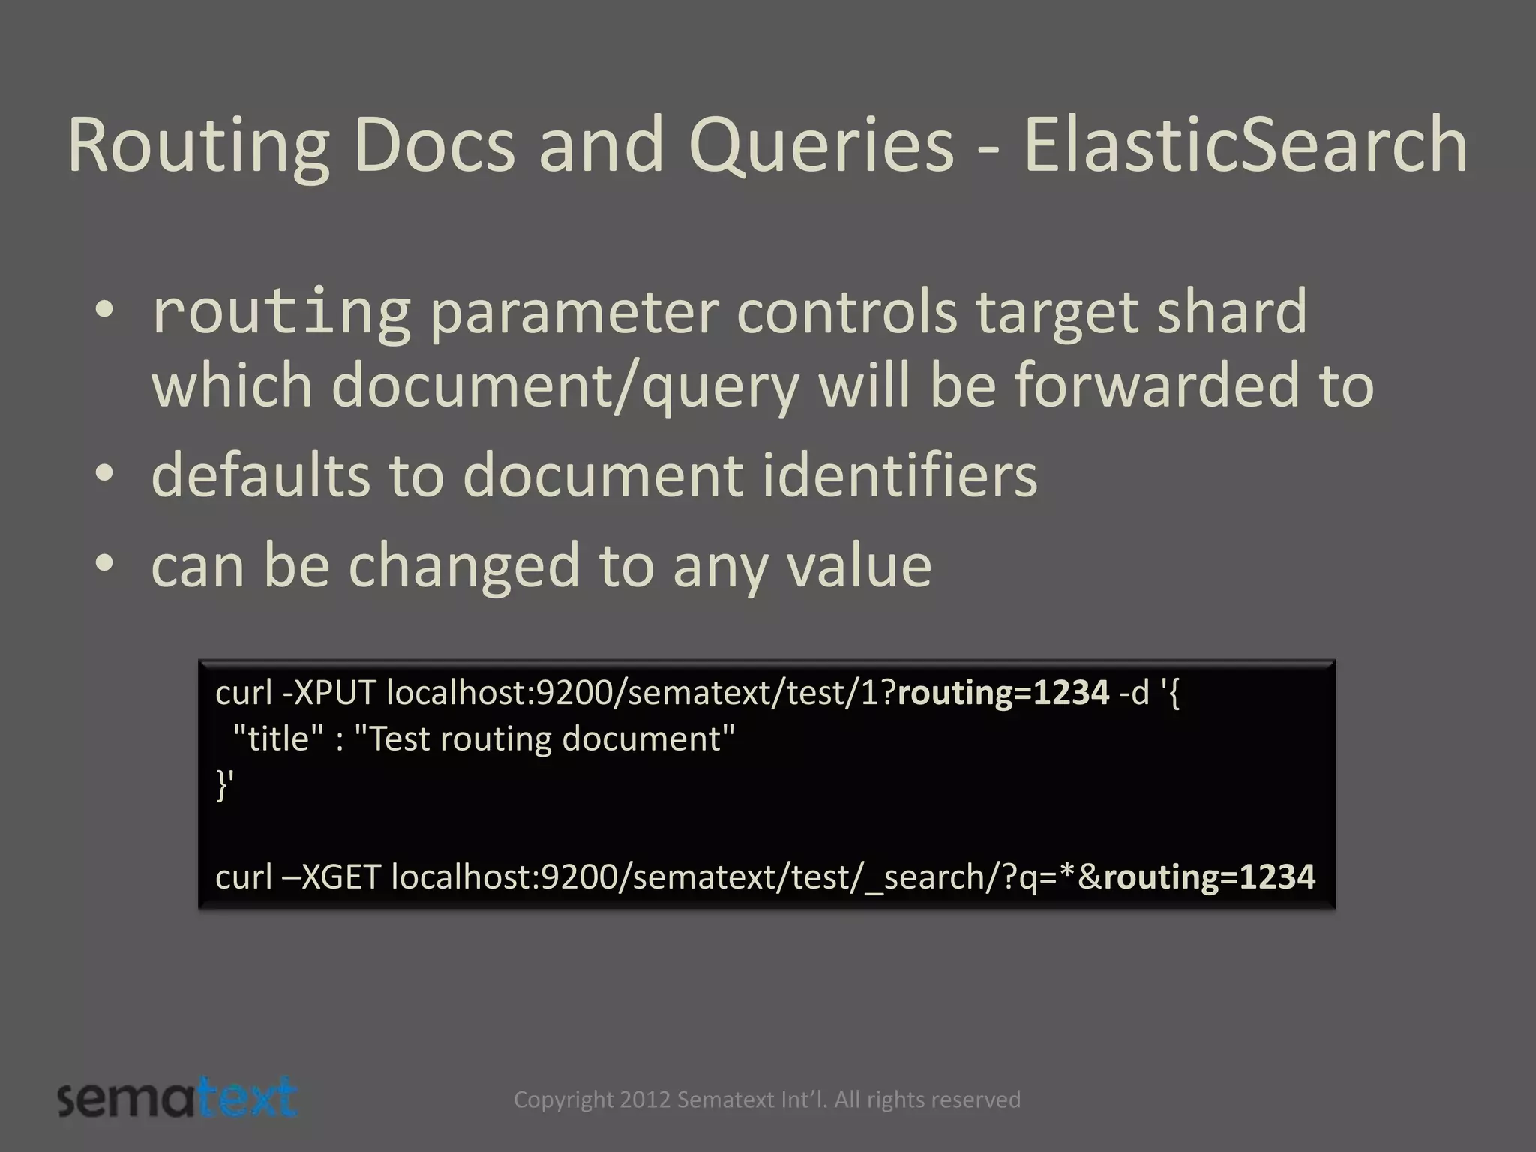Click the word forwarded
coord(1156,385)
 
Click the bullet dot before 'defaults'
coord(104,473)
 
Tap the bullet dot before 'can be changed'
coord(104,563)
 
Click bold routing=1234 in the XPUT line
coord(1003,693)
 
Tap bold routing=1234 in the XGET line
coord(1209,877)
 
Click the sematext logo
coord(178,1099)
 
